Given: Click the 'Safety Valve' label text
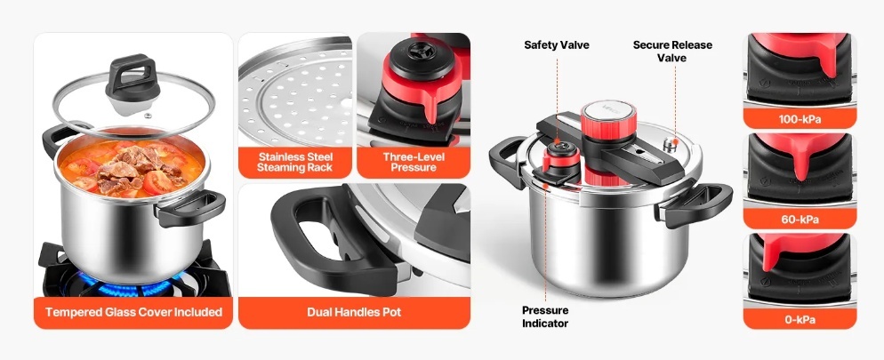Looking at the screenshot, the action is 557,45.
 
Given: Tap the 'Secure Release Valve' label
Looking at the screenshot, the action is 672,51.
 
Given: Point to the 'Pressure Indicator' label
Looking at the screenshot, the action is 545,316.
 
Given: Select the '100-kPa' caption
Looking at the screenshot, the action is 800,119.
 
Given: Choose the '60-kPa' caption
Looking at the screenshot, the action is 800,219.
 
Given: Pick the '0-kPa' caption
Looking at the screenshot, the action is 800,319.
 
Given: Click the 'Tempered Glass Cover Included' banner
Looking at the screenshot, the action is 133,312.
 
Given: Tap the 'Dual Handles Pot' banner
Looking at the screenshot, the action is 354,312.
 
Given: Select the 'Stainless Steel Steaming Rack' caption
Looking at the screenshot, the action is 295,163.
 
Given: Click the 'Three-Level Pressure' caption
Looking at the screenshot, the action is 414,163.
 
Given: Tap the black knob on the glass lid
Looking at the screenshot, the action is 132,77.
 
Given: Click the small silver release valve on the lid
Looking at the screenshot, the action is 670,144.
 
